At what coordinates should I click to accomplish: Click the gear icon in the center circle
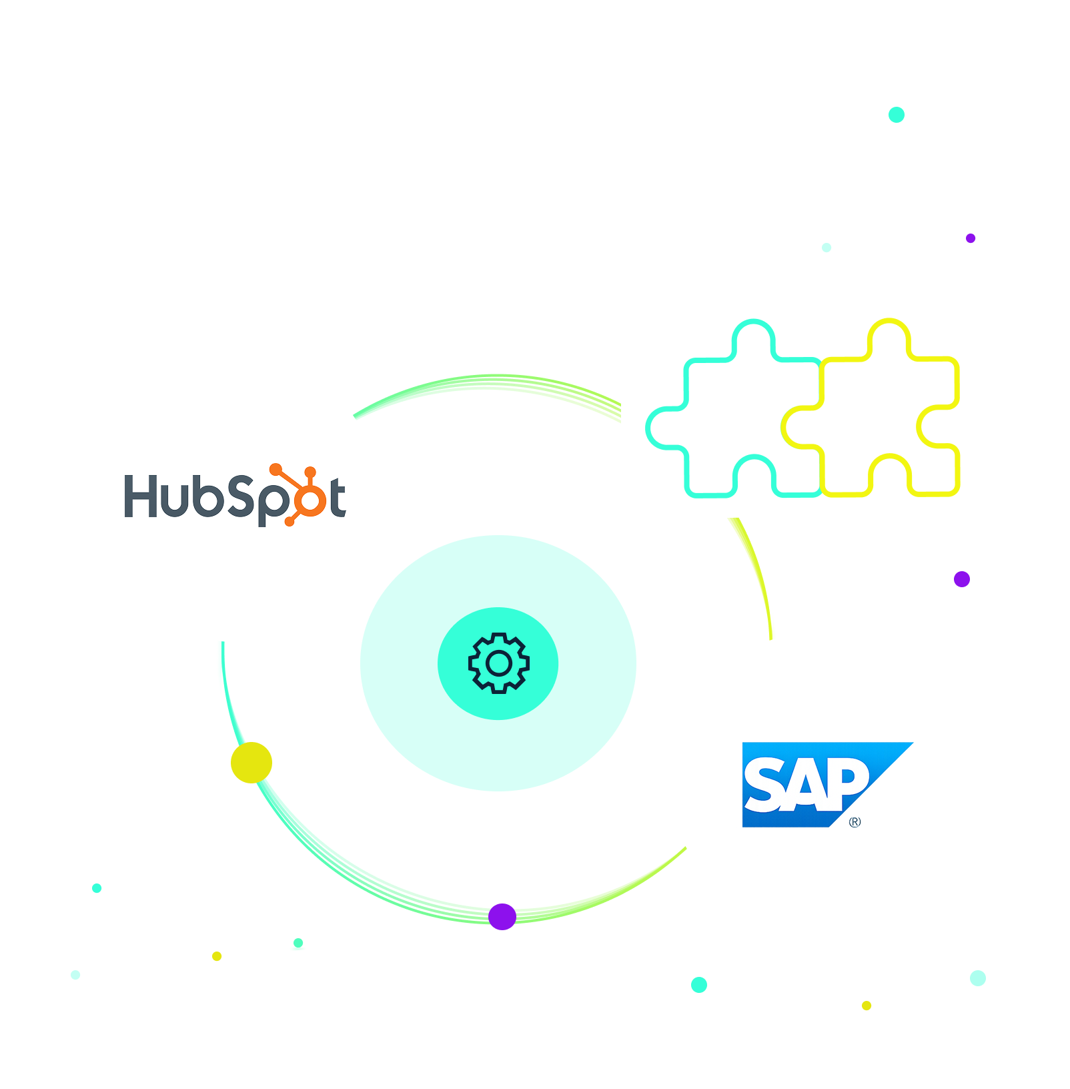pyautogui.click(x=498, y=663)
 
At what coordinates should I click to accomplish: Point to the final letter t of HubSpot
pyautogui.click(x=338, y=497)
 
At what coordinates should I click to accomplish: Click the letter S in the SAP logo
pyautogui.click(x=765, y=785)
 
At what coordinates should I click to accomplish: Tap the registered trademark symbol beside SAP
pyautogui.click(x=855, y=822)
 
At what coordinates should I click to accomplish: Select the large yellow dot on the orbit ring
pyautogui.click(x=251, y=762)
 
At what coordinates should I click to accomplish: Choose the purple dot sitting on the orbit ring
pyautogui.click(x=502, y=916)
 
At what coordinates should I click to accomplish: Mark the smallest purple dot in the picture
pyautogui.click(x=971, y=238)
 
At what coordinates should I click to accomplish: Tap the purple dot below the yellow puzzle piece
pyautogui.click(x=961, y=579)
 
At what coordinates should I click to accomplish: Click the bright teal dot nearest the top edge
pyautogui.click(x=897, y=115)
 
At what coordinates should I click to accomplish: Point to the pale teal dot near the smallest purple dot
pyautogui.click(x=827, y=248)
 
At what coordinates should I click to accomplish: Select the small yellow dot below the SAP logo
pyautogui.click(x=867, y=1006)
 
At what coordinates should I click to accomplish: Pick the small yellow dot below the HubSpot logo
pyautogui.click(x=217, y=956)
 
